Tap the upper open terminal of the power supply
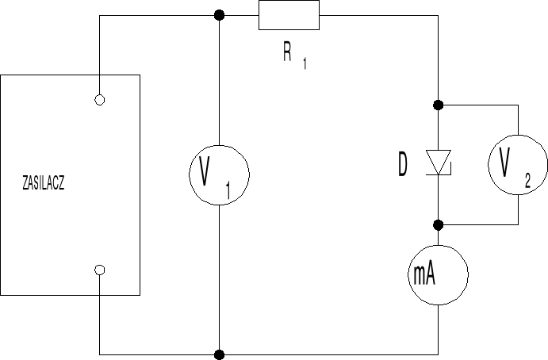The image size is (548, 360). pos(99,100)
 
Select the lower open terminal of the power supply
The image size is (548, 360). pos(99,270)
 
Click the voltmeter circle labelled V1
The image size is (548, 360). pos(217,174)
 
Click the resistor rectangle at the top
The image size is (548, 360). pos(289,15)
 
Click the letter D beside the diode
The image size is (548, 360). pos(404,165)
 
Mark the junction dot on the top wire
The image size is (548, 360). pos(219,15)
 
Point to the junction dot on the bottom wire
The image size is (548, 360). pos(219,353)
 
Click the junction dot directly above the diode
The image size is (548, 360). pos(438,105)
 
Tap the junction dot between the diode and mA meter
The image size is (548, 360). pos(438,224)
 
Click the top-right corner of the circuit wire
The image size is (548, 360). pos(438,15)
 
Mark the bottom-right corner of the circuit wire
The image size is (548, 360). pos(438,353)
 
